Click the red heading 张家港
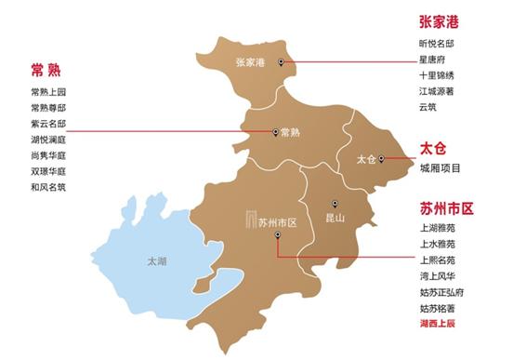click(440, 21)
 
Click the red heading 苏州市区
click(447, 208)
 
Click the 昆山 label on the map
click(336, 218)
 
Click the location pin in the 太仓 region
click(382, 159)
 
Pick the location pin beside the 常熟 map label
click(275, 132)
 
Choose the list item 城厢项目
click(440, 168)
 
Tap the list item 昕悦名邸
click(437, 43)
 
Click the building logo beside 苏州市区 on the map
click(249, 220)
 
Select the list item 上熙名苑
click(437, 260)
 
